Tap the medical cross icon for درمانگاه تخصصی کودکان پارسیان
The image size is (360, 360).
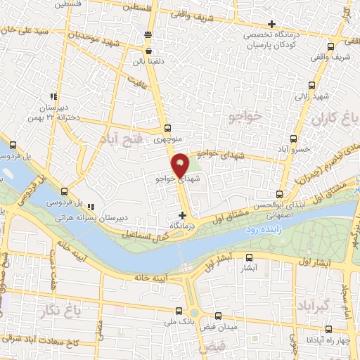272,25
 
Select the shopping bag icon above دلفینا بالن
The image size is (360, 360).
148,50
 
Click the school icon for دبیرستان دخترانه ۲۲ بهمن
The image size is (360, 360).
53,97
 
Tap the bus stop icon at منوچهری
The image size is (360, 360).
167,129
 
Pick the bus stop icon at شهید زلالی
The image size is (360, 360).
303,85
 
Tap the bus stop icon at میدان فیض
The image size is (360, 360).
218,316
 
